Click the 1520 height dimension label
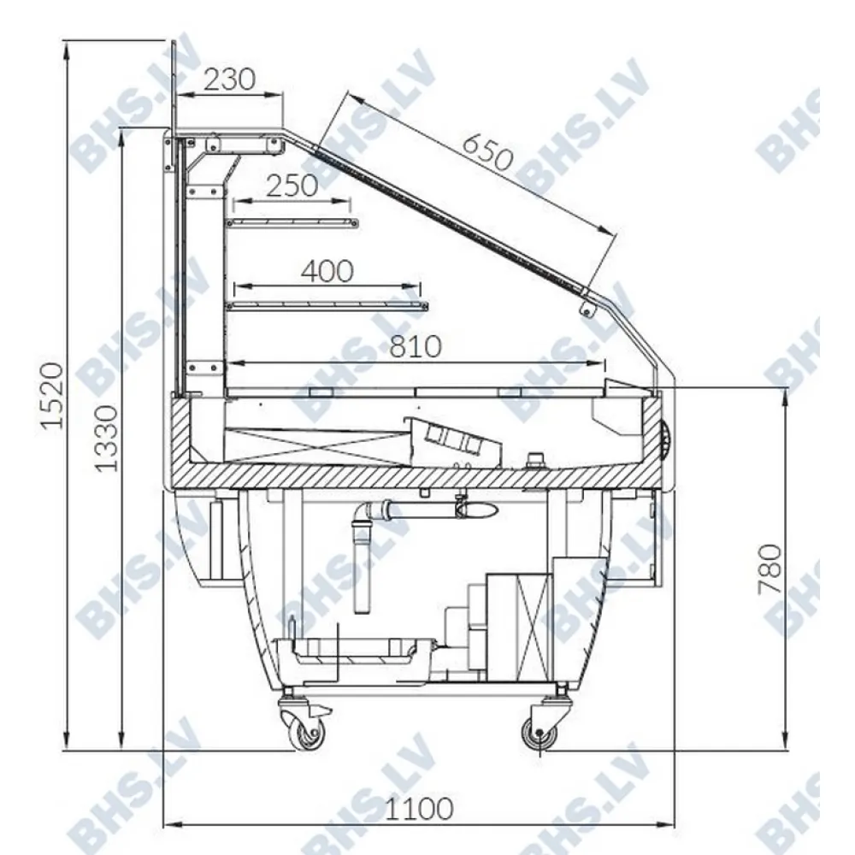[x=53, y=396]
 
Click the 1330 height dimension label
[x=106, y=439]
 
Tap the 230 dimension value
[x=229, y=80]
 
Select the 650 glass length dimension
[x=487, y=152]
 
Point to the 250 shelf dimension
[x=292, y=186]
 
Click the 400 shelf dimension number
[x=327, y=271]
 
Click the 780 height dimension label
[x=770, y=569]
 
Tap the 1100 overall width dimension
[x=419, y=809]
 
